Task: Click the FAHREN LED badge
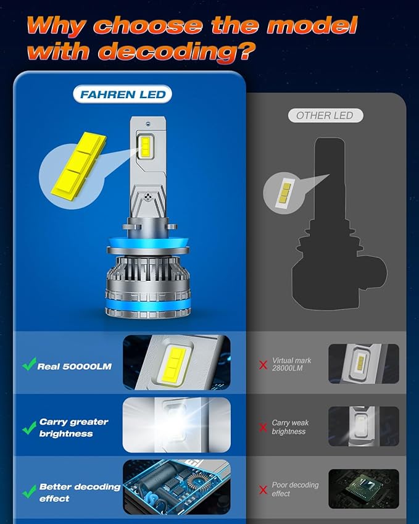[122, 94]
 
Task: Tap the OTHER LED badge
[325, 115]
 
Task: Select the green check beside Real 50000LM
[28, 365]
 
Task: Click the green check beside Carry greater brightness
[28, 427]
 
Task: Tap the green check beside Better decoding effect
[28, 491]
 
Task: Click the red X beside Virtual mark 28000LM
[263, 365]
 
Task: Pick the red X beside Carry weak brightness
[263, 428]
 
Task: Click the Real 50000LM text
[74, 366]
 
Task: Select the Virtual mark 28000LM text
[291, 364]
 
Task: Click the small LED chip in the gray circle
[284, 193]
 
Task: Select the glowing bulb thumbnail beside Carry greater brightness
[176, 426]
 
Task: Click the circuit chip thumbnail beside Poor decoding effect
[363, 488]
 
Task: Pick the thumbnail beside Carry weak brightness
[363, 426]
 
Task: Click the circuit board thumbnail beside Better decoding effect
[176, 488]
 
